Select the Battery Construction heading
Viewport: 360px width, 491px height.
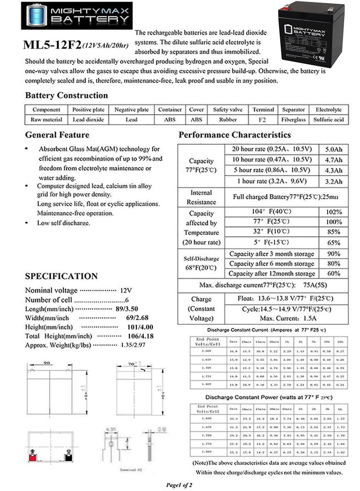pyautogui.click(x=66, y=96)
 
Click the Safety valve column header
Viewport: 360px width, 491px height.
pyautogui.click(x=228, y=109)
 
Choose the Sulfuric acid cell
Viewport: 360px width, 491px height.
pyautogui.click(x=329, y=119)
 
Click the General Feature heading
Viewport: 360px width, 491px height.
pyautogui.click(x=57, y=135)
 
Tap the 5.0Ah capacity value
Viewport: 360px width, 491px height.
pyautogui.click(x=333, y=149)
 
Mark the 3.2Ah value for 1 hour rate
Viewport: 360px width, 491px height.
pyautogui.click(x=333, y=181)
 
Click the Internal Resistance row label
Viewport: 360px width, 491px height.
pyautogui.click(x=201, y=197)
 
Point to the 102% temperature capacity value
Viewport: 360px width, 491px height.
pyautogui.click(x=333, y=212)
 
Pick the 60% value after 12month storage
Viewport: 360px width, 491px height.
pyautogui.click(x=333, y=273)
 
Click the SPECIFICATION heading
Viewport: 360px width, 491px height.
pyautogui.click(x=61, y=276)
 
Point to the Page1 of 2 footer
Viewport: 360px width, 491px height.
pyautogui.click(x=179, y=484)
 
